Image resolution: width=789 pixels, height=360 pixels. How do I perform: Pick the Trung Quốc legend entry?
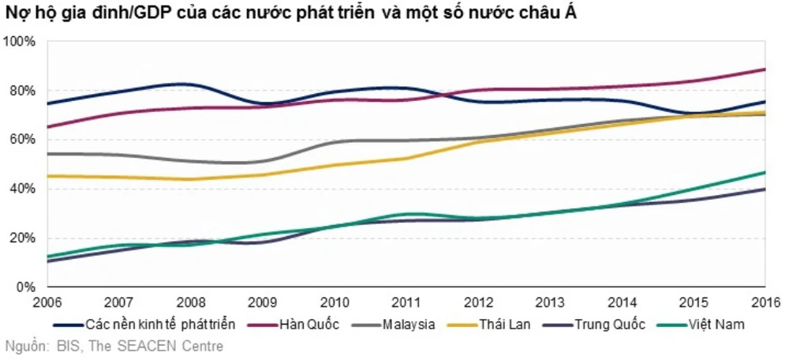[610, 324]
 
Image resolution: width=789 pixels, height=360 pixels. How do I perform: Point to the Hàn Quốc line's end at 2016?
[765, 69]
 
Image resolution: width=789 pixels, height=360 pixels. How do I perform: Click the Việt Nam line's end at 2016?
[765, 172]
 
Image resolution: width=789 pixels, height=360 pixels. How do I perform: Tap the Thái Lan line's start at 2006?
[47, 176]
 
